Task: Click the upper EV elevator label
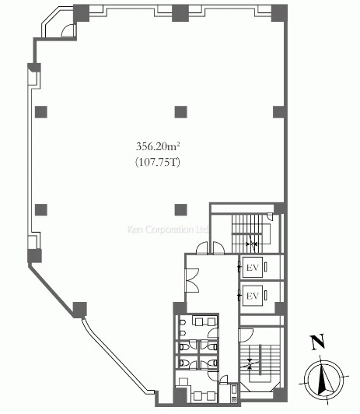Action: pos(253,268)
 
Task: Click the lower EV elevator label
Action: pos(253,296)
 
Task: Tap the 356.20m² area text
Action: pos(158,146)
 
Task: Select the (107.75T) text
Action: pos(158,162)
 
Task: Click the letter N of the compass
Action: pos(317,342)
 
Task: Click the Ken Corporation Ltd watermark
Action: pos(168,229)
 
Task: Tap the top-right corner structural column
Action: pos(279,13)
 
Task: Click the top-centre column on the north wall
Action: pos(180,13)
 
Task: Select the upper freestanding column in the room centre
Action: pos(181,112)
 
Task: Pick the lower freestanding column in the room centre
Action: pos(181,209)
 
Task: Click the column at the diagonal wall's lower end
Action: pos(79,310)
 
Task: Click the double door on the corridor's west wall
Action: pos(192,280)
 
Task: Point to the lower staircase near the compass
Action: pos(260,363)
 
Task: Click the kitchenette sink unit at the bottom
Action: pos(234,394)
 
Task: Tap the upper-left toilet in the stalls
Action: pos(184,346)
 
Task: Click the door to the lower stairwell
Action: pos(246,335)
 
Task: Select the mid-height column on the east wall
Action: pos(279,112)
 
